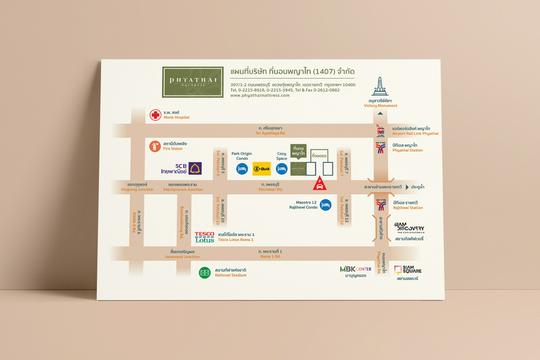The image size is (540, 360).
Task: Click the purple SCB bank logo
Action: coord(195,168)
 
